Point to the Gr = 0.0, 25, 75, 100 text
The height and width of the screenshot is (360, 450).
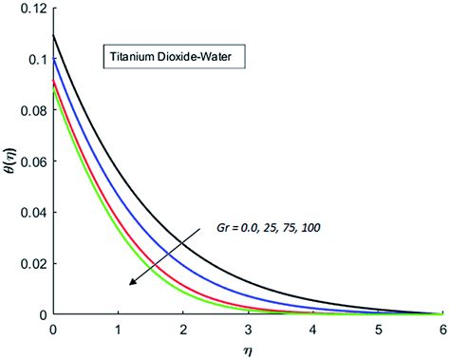(x=267, y=227)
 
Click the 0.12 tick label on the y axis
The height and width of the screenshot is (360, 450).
(x=30, y=9)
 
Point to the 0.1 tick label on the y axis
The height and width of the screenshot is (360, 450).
(x=33, y=60)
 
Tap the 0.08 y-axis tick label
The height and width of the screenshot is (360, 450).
(x=30, y=111)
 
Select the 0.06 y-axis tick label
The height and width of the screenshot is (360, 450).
(x=30, y=161)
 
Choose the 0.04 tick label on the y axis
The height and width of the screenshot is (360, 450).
(x=30, y=213)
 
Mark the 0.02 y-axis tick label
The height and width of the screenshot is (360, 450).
(x=30, y=263)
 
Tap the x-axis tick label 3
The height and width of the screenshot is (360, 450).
(x=249, y=328)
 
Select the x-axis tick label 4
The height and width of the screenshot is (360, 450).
(x=314, y=328)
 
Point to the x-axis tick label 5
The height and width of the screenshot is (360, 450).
(x=380, y=328)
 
